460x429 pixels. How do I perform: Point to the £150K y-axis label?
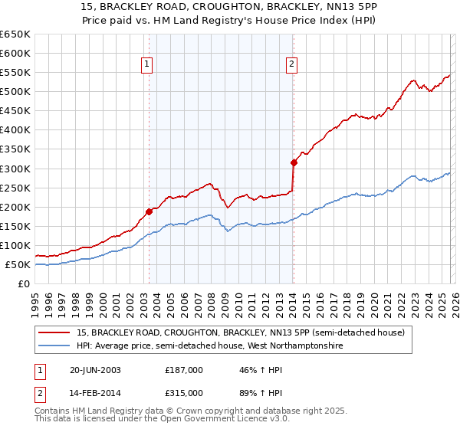(15, 226)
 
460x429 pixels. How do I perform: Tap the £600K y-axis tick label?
(15, 53)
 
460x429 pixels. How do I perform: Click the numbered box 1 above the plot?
(148, 65)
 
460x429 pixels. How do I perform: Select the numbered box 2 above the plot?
(293, 65)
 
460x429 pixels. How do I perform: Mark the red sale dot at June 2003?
(149, 211)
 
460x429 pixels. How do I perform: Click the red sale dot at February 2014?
(293, 162)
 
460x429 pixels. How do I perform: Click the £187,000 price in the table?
(184, 370)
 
